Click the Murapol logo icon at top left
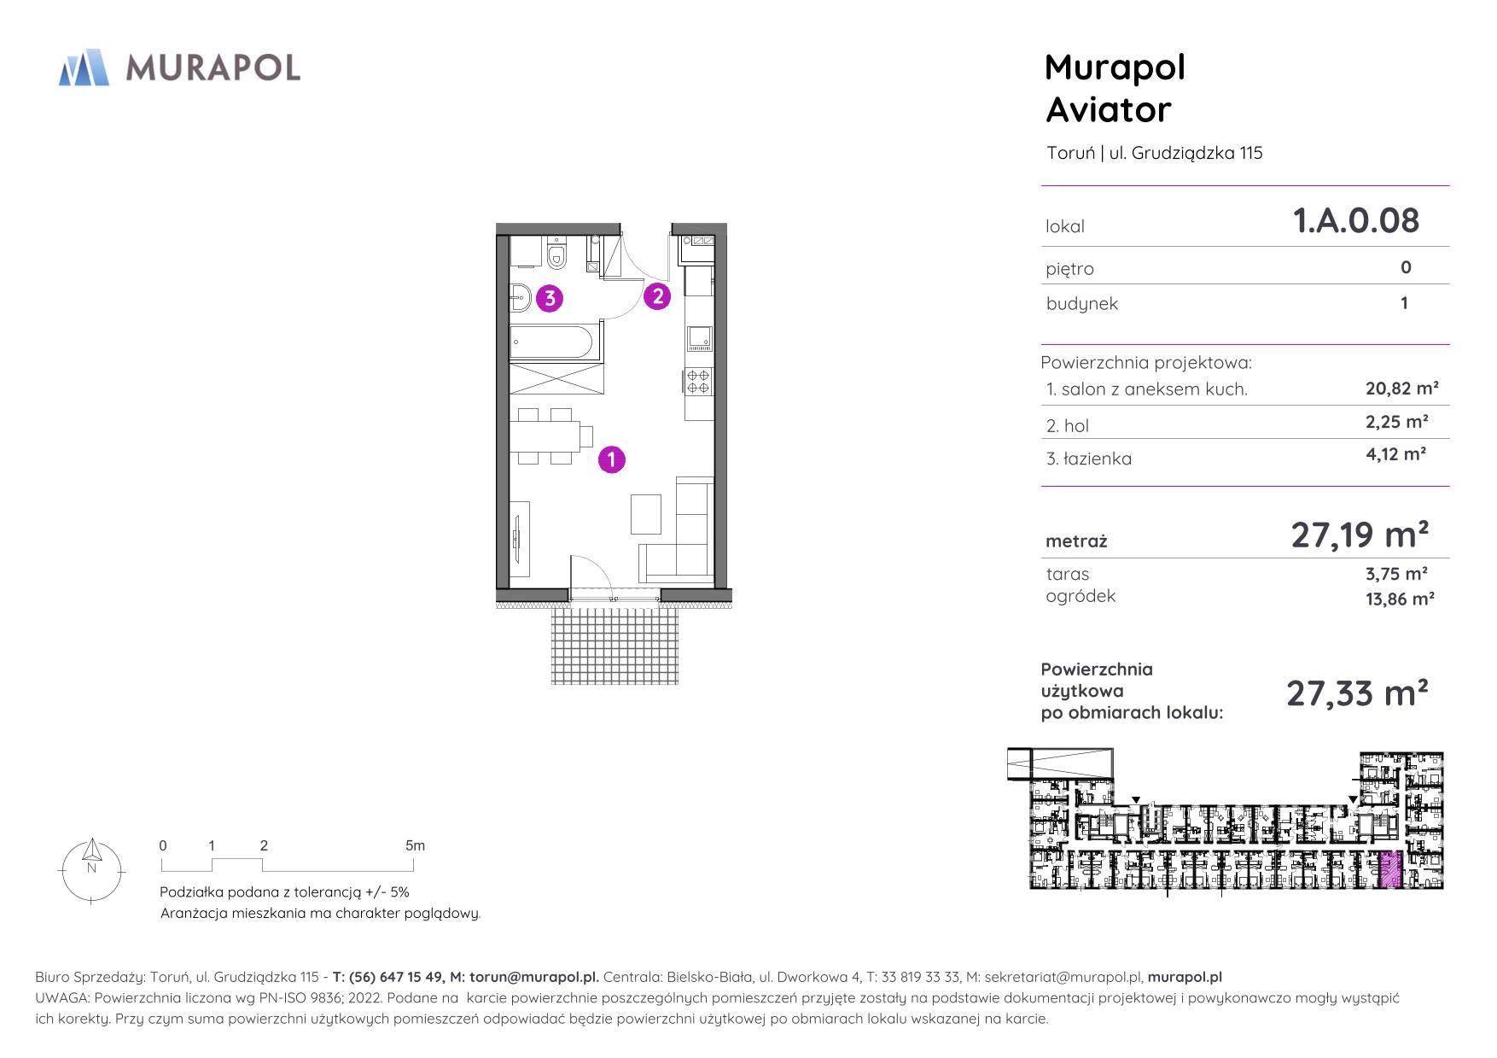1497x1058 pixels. [84, 67]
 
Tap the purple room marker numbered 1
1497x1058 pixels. [612, 459]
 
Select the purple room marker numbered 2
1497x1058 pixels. [657, 296]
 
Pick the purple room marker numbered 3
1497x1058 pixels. [550, 298]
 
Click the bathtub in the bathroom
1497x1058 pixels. [551, 343]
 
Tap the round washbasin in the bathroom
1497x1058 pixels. [521, 298]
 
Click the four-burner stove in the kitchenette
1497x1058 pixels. [698, 381]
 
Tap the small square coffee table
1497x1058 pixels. [646, 513]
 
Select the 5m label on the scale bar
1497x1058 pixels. [415, 846]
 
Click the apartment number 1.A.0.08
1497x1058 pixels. [1356, 220]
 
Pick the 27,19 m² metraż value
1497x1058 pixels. [1360, 535]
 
